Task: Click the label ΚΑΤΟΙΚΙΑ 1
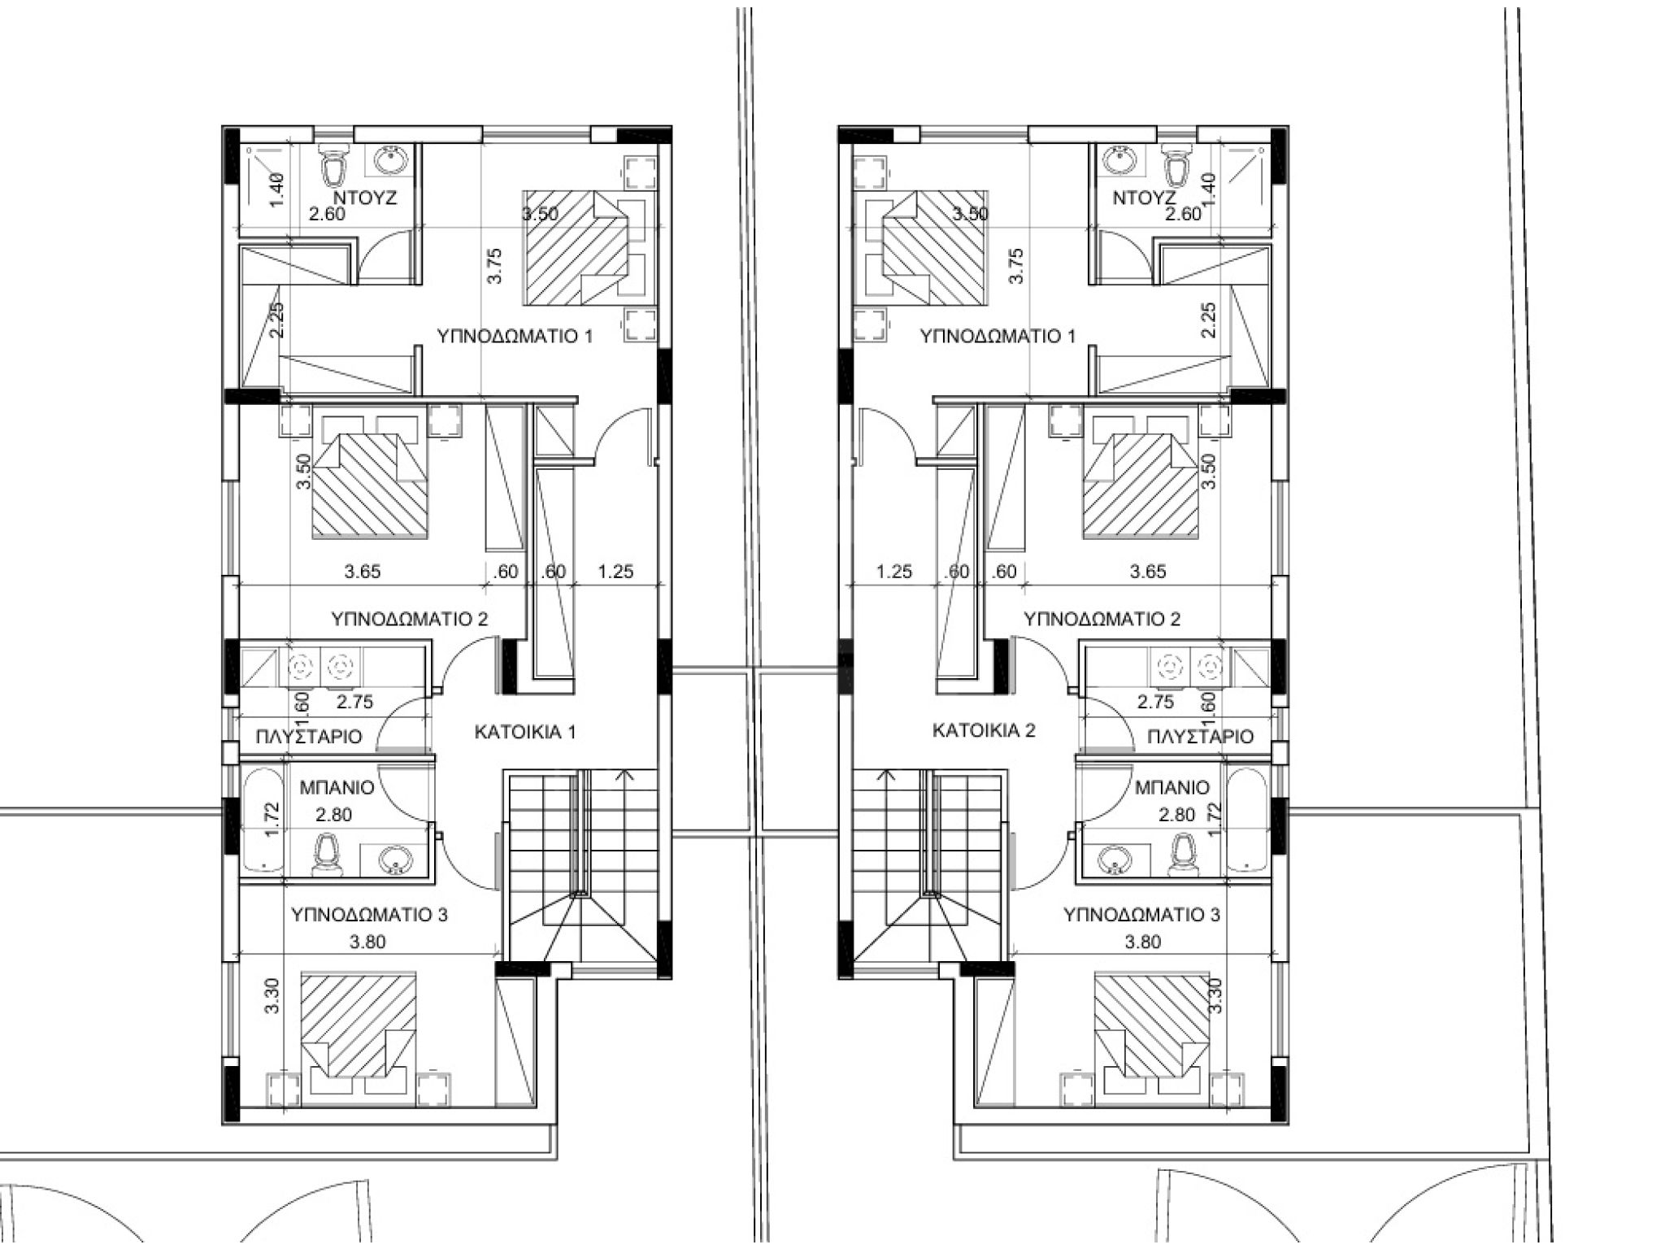[525, 732]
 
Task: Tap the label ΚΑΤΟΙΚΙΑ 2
[984, 730]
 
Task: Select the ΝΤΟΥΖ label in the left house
[364, 198]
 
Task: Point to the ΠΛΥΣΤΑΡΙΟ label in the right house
[1200, 737]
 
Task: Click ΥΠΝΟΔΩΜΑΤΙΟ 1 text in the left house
[515, 336]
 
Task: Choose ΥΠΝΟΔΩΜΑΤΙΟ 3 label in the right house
[1141, 915]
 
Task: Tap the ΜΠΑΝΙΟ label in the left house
[337, 787]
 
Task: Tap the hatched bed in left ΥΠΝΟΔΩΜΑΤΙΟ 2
[370, 485]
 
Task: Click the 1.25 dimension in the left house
[615, 572]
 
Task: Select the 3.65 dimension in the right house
[1148, 572]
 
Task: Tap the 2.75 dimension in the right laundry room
[1155, 702]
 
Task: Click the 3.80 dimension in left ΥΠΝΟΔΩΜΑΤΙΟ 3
[367, 942]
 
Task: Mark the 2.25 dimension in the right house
[1208, 320]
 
